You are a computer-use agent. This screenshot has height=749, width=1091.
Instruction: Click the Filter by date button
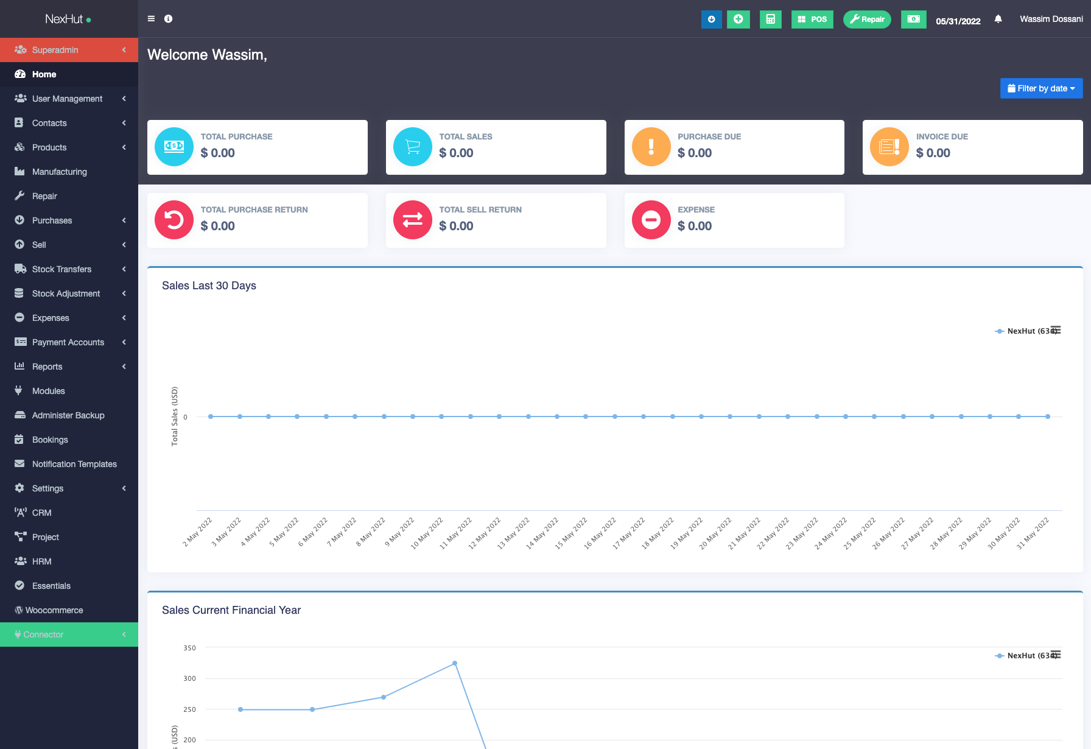coord(1041,88)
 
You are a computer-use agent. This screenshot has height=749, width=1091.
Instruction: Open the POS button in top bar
coord(812,19)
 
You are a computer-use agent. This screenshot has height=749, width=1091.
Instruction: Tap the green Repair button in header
coord(867,19)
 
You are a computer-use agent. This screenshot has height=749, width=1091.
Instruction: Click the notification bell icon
coord(998,19)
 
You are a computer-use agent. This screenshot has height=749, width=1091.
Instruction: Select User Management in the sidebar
coord(67,99)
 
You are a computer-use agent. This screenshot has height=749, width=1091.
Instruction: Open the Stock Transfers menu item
coord(61,269)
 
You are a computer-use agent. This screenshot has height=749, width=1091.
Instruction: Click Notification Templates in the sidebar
coord(74,464)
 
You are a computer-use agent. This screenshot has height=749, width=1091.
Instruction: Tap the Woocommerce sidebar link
coord(54,610)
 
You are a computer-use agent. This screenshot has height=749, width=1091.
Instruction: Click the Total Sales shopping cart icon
coord(413,147)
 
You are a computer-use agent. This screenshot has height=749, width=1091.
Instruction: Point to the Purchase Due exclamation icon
coord(651,147)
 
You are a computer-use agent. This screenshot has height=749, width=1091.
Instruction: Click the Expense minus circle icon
coord(651,220)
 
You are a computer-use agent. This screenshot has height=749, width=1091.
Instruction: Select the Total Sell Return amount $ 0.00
coord(456,226)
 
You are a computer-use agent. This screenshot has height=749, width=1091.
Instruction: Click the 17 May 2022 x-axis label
coord(629,533)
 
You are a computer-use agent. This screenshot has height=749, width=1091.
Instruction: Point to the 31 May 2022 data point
coord(1047,417)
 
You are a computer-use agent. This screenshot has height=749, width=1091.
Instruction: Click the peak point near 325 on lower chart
coord(455,663)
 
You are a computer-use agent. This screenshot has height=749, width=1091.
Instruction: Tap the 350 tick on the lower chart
coord(189,648)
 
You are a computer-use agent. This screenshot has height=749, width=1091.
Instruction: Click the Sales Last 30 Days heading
coord(209,286)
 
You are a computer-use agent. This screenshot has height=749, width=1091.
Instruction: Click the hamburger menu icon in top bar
coord(151,19)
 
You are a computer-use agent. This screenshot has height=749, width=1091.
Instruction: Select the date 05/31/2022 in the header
coord(958,21)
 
